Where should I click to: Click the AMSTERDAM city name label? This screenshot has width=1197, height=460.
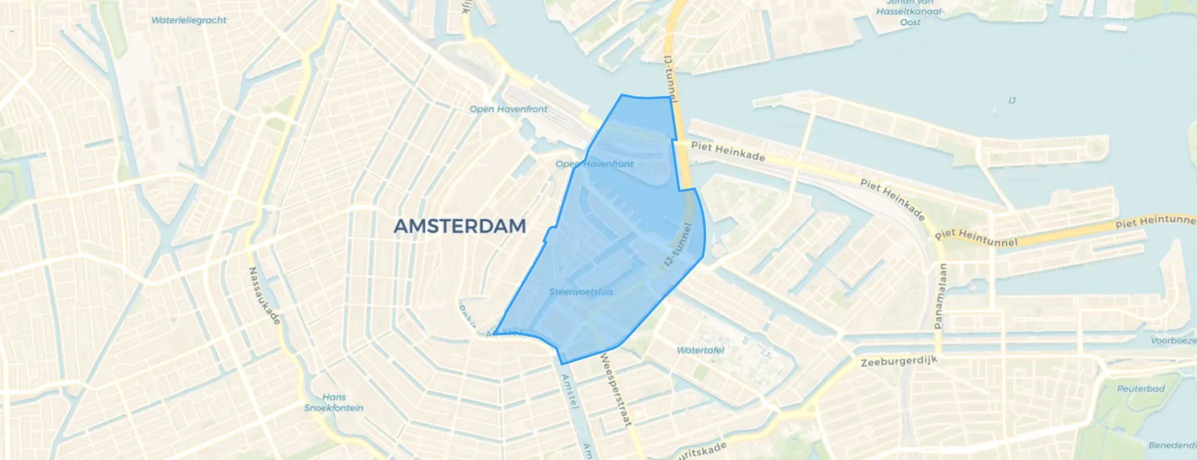click(459, 226)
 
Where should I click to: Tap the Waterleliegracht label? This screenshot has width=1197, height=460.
click(189, 20)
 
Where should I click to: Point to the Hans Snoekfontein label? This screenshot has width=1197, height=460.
click(334, 402)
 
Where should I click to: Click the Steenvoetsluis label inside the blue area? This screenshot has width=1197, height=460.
click(581, 291)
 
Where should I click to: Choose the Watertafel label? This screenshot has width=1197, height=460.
click(700, 350)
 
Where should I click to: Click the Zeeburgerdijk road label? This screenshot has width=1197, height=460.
click(899, 361)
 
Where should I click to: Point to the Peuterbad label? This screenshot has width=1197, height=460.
click(1140, 388)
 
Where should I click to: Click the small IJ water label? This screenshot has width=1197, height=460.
click(1012, 100)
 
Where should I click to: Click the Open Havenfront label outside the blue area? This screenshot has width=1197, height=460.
click(508, 109)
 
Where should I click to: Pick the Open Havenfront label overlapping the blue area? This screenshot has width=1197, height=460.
click(594, 164)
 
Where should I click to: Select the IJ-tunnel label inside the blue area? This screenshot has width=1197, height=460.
click(679, 244)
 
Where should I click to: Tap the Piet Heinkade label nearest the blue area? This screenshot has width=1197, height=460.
click(728, 151)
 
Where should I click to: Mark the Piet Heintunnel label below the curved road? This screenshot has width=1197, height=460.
click(976, 238)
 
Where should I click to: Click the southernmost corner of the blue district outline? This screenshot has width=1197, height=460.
click(562, 363)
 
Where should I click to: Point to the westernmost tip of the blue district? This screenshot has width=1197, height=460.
click(494, 333)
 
